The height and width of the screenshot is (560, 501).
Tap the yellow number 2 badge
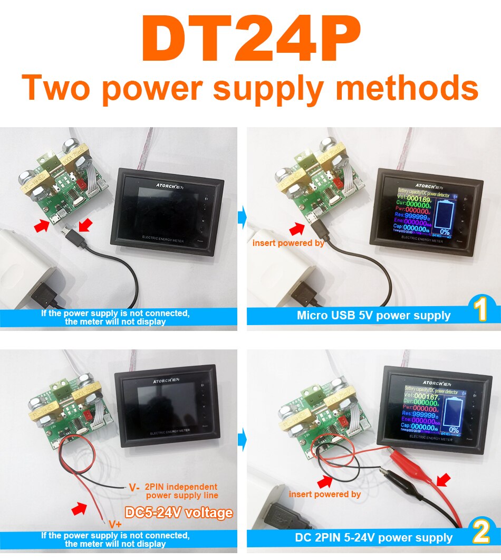click(481, 533)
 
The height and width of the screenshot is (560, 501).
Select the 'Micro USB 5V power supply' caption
click(373, 316)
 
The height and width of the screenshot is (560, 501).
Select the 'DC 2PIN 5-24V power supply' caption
click(373, 538)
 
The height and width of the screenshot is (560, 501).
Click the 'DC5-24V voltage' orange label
click(178, 512)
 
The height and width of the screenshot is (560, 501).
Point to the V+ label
click(115, 524)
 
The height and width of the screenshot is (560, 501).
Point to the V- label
click(134, 487)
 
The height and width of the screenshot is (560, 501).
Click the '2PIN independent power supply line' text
click(181, 491)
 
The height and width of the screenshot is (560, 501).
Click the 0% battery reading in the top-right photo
click(445, 232)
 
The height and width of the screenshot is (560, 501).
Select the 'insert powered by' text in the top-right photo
click(288, 243)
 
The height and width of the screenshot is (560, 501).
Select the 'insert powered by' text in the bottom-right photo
click(324, 494)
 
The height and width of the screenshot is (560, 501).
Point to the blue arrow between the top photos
click(242, 216)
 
